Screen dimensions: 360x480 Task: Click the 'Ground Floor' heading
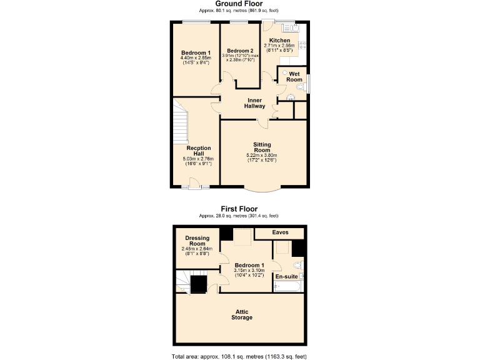pos(239,4)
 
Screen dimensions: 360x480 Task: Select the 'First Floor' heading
pos(239,209)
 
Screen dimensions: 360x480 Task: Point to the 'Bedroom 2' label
pos(239,51)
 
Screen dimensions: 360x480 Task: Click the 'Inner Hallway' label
pos(254,103)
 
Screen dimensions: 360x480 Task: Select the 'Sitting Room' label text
pos(262,147)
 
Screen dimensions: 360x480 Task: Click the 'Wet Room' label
pos(295,77)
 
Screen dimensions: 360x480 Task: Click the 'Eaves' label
pos(280,232)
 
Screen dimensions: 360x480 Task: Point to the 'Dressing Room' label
pos(196,241)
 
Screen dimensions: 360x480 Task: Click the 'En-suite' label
pos(287,276)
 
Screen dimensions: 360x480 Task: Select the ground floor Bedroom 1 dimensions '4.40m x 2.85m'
pos(196,58)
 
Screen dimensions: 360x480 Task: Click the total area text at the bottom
pos(239,355)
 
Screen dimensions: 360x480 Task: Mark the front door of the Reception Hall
pos(194,184)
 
